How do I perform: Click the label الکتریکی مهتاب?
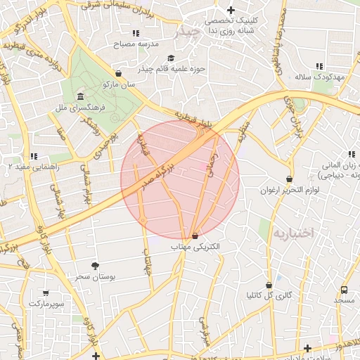point(195,247)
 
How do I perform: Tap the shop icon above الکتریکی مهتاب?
point(195,236)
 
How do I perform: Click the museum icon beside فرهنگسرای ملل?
point(80,96)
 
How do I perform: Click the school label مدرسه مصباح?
point(137,44)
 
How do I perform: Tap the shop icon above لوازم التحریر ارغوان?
point(289,179)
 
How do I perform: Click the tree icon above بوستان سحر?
point(95,265)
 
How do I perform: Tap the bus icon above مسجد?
point(344,290)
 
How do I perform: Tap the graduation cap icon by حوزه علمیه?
point(170,58)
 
